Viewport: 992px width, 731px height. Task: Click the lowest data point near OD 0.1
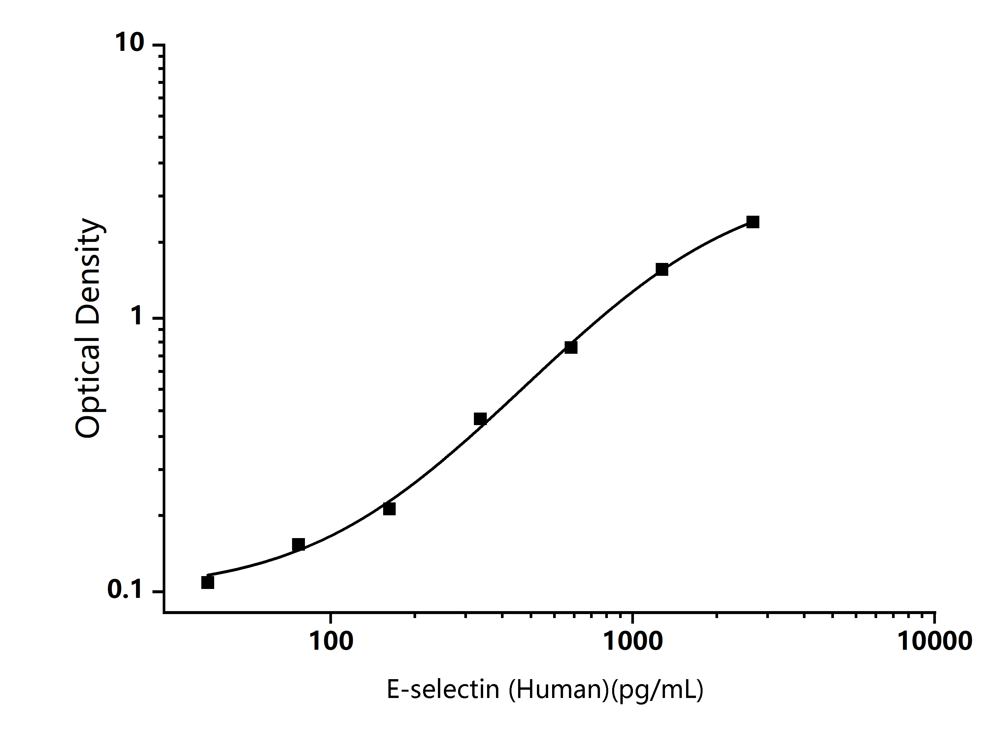click(207, 582)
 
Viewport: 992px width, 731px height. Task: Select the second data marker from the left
click(298, 544)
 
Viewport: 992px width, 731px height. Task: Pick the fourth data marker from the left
click(480, 419)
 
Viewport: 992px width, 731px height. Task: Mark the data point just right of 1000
click(662, 269)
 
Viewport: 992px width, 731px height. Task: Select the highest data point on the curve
click(753, 222)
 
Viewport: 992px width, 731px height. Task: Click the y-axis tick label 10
click(129, 43)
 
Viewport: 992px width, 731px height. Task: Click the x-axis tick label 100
click(331, 641)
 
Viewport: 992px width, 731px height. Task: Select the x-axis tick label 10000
click(935, 641)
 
